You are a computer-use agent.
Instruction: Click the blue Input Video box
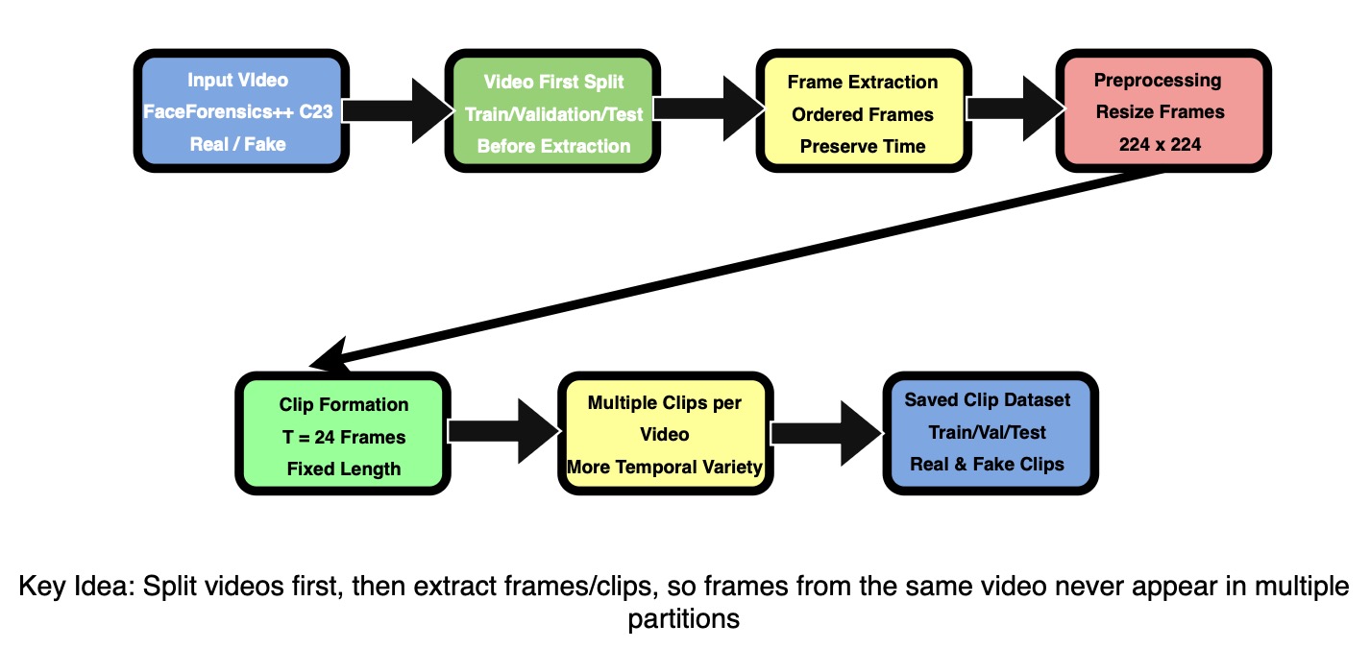[241, 110]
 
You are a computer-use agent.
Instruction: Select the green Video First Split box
[552, 110]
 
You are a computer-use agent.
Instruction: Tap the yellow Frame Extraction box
[864, 110]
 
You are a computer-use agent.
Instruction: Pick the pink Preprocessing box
[1163, 110]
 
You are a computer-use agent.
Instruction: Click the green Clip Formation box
[342, 433]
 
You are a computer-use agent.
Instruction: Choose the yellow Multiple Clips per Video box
[666, 433]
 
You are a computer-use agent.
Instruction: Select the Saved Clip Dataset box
[991, 433]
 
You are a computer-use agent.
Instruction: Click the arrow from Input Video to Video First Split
[398, 110]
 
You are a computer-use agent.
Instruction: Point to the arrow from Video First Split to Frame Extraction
[709, 108]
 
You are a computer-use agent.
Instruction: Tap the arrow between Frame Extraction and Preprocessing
[1015, 108]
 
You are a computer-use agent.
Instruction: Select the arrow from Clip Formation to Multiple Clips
[504, 431]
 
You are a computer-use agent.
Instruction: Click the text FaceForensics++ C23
[238, 111]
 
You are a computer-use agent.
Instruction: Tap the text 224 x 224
[1160, 144]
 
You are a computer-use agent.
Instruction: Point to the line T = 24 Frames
[344, 437]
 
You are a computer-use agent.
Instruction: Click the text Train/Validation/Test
[553, 114]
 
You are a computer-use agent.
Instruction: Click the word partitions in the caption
[684, 619]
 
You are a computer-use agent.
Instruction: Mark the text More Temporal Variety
[665, 467]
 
